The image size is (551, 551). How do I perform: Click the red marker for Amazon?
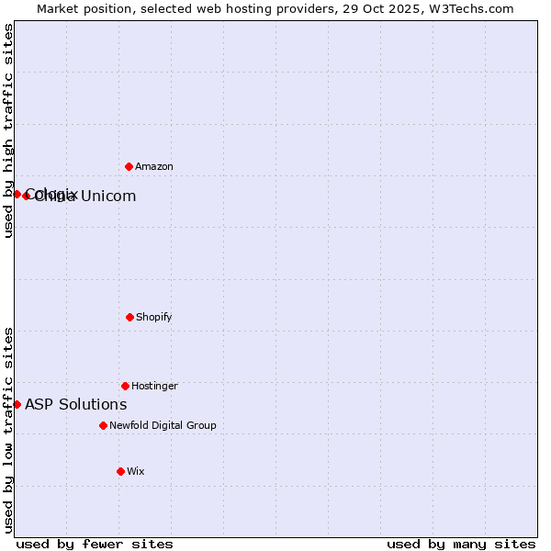pos(129,166)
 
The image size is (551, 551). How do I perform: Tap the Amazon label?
pos(154,167)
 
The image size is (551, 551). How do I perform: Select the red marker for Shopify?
pos(129,317)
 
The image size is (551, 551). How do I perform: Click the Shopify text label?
pos(154,318)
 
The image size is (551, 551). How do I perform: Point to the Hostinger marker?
pos(125,386)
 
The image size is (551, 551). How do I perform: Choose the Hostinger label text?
pos(154,387)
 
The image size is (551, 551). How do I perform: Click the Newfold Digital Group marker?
pos(103,425)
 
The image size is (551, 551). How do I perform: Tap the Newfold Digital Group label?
pos(163,426)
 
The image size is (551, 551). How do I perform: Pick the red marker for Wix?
pos(120,471)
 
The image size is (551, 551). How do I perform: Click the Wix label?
pos(136,472)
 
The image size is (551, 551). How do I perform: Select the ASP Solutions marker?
pos(17,404)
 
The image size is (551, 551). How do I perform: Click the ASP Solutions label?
pos(75,405)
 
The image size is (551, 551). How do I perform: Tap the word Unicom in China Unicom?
pos(108,197)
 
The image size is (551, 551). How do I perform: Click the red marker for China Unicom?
pos(26,196)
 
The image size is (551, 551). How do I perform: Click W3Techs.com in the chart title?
pos(469,8)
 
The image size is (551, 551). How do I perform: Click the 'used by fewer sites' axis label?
pos(95,544)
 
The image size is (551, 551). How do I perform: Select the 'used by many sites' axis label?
pos(461,544)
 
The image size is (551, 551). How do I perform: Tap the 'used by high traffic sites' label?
pos(8,130)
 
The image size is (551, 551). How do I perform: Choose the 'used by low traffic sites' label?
pos(8,430)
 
